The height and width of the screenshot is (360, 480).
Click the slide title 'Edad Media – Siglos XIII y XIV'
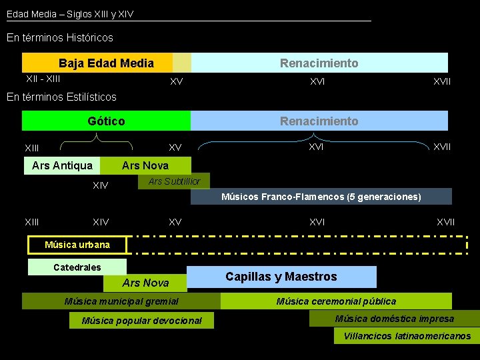[x=70, y=13]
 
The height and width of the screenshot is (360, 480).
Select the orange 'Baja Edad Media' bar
[x=106, y=63]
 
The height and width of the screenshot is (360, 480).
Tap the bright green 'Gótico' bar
[x=106, y=121]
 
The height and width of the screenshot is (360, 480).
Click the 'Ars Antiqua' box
[x=63, y=165]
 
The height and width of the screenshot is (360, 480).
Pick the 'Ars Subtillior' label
[x=173, y=181]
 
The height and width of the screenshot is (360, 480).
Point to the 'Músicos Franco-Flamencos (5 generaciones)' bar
[x=321, y=197]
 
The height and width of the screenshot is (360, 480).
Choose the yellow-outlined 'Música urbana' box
[x=77, y=245]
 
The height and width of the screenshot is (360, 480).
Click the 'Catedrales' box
[x=77, y=267]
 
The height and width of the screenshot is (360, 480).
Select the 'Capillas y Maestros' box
[x=281, y=277]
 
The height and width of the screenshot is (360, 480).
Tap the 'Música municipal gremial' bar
[x=121, y=301]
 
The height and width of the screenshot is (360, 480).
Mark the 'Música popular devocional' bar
[x=141, y=321]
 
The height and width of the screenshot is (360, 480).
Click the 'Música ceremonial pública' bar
[x=336, y=301]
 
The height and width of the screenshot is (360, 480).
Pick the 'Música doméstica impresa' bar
[x=394, y=319]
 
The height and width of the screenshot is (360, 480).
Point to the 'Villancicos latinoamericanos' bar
[x=407, y=336]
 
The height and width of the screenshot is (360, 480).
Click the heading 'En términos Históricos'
[x=60, y=38]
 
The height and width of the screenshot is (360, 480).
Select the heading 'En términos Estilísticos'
[x=61, y=97]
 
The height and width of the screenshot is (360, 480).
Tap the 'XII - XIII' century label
[x=43, y=79]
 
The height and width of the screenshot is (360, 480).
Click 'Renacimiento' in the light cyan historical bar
[x=319, y=63]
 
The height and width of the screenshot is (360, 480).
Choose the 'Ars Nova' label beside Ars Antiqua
[x=145, y=165]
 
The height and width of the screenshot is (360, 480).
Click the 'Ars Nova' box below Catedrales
[x=145, y=283]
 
